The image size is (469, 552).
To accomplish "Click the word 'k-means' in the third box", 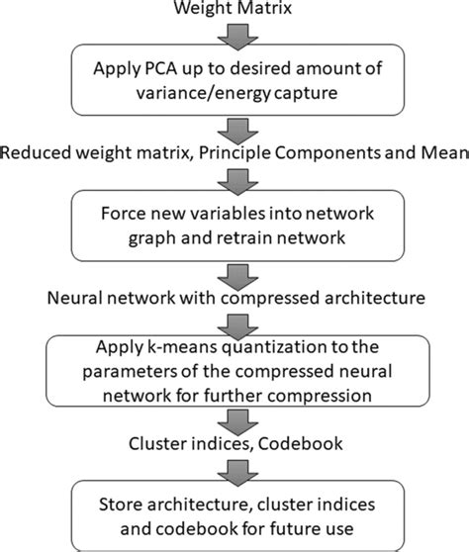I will [x=186, y=347].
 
